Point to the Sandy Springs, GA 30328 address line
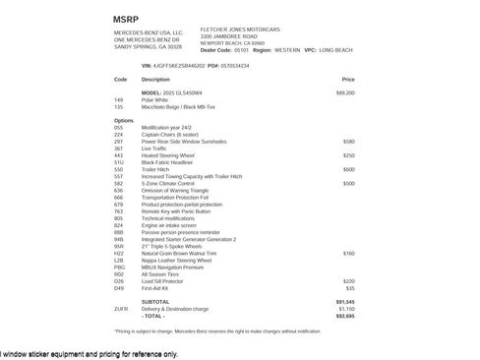tap(149, 46)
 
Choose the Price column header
tap(348, 79)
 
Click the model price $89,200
tap(345, 92)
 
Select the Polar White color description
tap(155, 99)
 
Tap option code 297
tap(119, 141)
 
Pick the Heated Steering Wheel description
tap(168, 154)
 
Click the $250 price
tap(348, 154)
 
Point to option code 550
tap(119, 168)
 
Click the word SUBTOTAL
tap(155, 301)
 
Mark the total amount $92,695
tap(344, 316)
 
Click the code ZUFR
tap(121, 309)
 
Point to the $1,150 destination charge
tap(346, 309)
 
